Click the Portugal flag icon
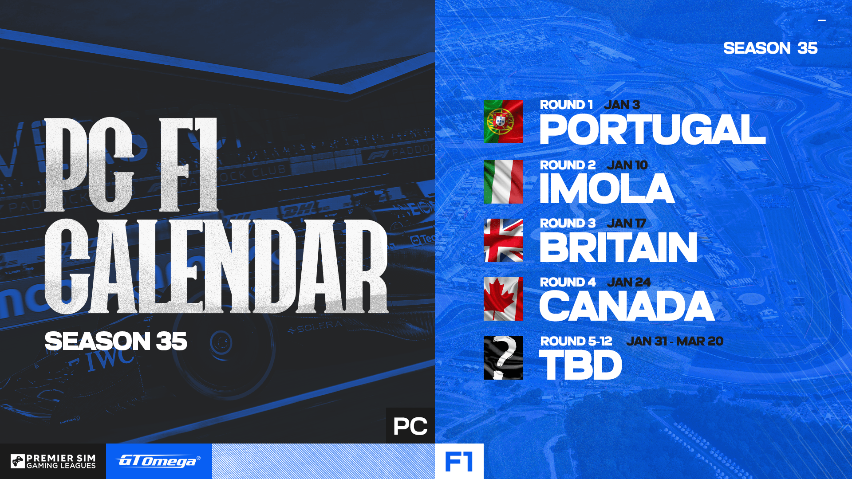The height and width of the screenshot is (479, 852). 503,122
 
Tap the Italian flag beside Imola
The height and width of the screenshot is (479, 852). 503,182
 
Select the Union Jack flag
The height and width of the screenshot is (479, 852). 503,240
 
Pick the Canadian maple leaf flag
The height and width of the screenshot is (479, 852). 503,299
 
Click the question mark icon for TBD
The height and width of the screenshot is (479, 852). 503,358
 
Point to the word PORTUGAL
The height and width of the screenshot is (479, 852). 652,130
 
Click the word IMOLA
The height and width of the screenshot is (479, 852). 607,189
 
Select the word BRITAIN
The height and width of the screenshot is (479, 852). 618,247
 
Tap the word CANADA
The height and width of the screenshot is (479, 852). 627,306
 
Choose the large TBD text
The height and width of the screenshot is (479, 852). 580,365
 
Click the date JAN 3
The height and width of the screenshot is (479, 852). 622,105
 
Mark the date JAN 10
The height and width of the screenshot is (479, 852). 627,165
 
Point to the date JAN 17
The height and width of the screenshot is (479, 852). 626,223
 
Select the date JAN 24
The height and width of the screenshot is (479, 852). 628,282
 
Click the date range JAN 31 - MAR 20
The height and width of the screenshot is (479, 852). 674,341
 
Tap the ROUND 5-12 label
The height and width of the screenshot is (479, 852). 576,341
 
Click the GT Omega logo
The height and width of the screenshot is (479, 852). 159,461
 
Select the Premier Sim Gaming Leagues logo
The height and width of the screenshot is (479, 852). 53,461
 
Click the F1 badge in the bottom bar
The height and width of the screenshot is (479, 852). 459,461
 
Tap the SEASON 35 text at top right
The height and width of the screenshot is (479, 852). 770,48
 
